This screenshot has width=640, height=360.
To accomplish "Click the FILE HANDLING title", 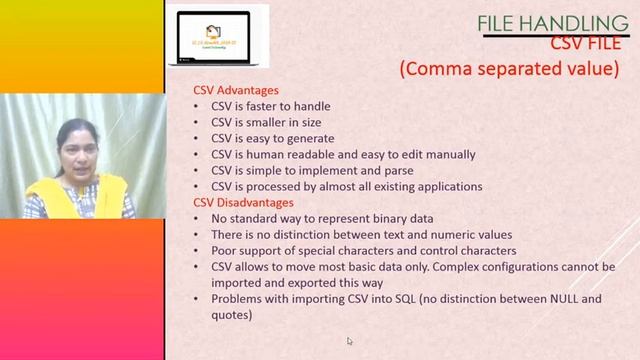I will (x=552, y=23).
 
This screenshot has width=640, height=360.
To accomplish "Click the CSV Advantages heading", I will (x=236, y=91).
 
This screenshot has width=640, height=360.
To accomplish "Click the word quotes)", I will (x=232, y=314).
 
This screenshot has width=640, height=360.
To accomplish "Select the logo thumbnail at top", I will (x=217, y=34).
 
